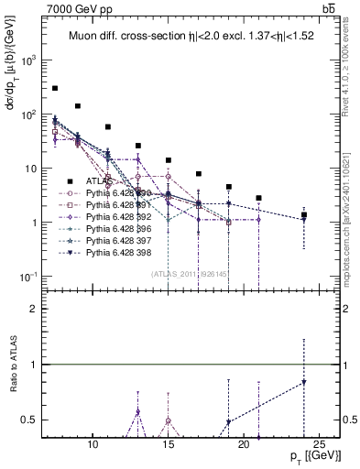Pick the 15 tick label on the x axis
169,442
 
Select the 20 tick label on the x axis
244,442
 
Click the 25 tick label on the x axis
320,442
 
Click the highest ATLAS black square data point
55,88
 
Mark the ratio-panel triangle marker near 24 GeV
304,382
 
